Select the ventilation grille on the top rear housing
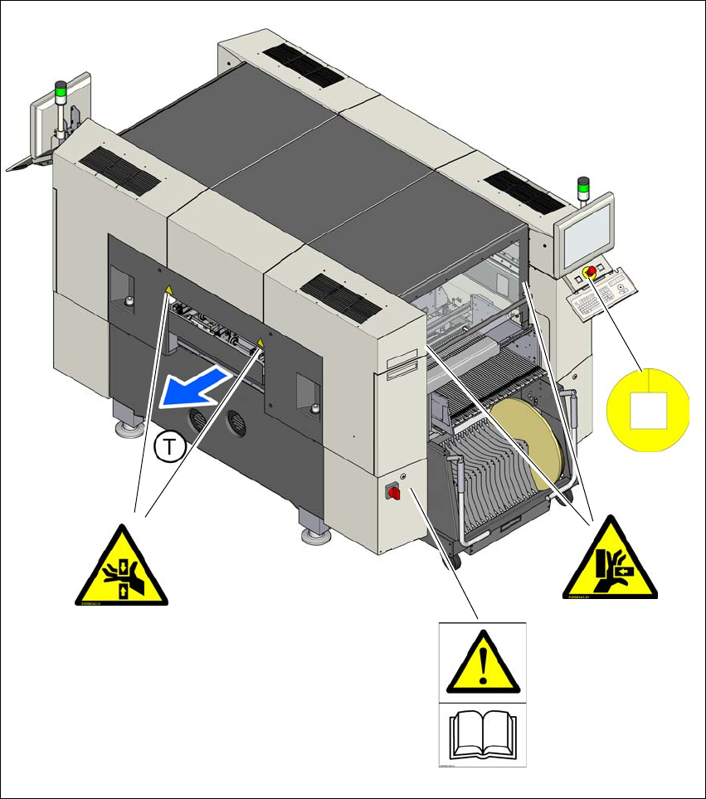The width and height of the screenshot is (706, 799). coord(301,63)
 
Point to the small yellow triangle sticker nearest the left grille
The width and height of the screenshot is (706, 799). coord(168,290)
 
